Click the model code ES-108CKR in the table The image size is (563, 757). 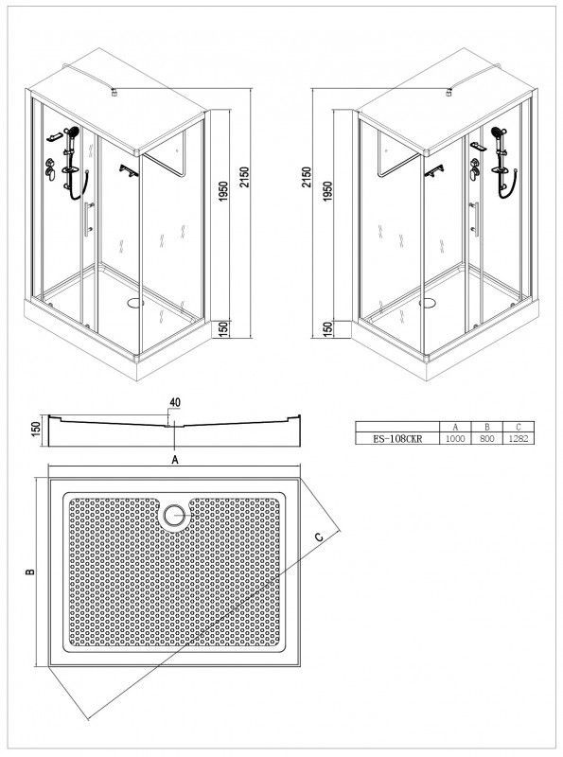[397, 439]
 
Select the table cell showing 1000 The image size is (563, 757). [455, 439]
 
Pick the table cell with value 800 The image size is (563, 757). [486, 439]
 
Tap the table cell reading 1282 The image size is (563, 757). [519, 439]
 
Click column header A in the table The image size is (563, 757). [455, 427]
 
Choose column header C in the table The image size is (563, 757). [519, 427]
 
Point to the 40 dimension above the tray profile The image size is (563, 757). [175, 401]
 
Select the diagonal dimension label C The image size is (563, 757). [319, 537]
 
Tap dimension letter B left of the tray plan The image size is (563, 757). [30, 572]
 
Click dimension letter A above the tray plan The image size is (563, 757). [175, 460]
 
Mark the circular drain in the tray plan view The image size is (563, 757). [173, 516]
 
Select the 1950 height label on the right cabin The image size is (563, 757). [327, 192]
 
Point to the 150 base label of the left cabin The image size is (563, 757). [223, 330]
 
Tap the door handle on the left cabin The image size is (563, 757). [88, 220]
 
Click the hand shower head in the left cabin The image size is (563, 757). [74, 132]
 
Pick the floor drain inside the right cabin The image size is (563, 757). [428, 303]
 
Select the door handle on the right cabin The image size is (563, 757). [476, 220]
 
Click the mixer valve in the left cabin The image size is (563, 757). [50, 169]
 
